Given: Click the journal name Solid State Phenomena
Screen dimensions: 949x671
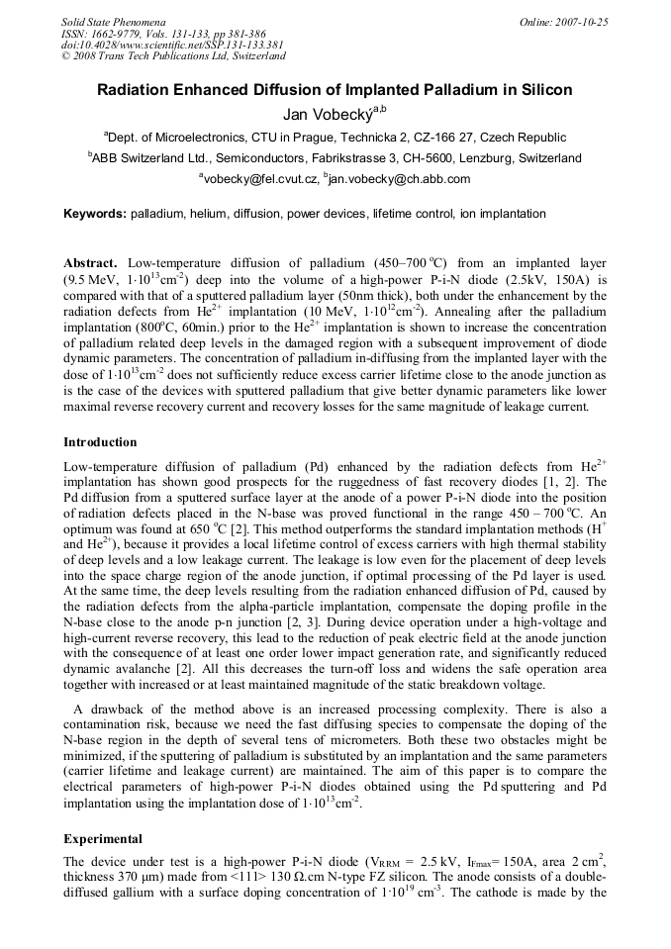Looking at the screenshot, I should (x=113, y=21).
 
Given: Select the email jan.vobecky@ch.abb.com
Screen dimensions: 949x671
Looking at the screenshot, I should (x=386, y=179).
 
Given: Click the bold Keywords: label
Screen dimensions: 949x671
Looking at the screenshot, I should (x=95, y=214).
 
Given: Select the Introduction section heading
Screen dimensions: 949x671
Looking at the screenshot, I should (x=100, y=441).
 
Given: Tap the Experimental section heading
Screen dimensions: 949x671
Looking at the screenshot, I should (x=103, y=838).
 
